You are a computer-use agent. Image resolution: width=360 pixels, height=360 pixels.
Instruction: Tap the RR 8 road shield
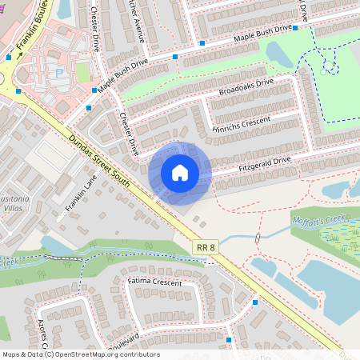206,248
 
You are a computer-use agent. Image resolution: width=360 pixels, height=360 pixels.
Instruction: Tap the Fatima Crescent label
155,282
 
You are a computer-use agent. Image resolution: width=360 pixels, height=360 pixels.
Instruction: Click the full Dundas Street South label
98,147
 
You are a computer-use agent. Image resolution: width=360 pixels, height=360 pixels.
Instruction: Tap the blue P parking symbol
59,73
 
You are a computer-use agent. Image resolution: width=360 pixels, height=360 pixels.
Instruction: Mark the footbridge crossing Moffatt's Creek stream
257,238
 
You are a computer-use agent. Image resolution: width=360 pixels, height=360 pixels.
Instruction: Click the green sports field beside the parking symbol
82,72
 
